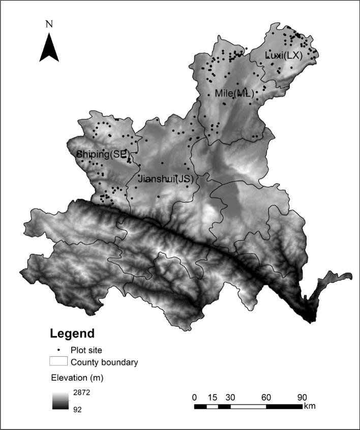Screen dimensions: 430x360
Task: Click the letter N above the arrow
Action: coord(49,24)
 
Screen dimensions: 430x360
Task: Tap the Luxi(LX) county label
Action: coord(283,55)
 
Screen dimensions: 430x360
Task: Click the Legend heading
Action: coord(72,334)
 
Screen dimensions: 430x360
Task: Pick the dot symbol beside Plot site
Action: coord(59,350)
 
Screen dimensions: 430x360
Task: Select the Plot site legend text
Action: coord(87,350)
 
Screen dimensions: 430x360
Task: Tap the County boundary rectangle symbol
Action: coord(58,362)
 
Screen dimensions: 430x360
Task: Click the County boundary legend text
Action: coord(104,363)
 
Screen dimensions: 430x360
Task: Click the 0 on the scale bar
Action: coord(194,397)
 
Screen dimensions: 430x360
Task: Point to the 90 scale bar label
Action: coord(302,397)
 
